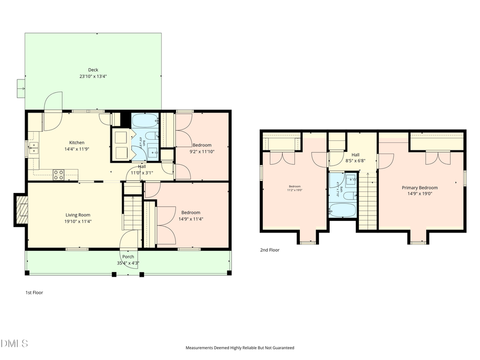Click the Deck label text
pos(93,70)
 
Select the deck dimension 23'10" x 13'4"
pos(93,76)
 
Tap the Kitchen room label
pos(76,142)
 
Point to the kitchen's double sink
pos(34,148)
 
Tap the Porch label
pos(128,257)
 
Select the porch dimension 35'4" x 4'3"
pos(128,263)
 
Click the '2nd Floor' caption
pos(269,250)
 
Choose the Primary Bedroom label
pos(420,188)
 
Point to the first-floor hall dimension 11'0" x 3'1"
pos(142,173)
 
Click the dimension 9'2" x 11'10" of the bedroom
pos(202,151)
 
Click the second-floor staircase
pos(367,203)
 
